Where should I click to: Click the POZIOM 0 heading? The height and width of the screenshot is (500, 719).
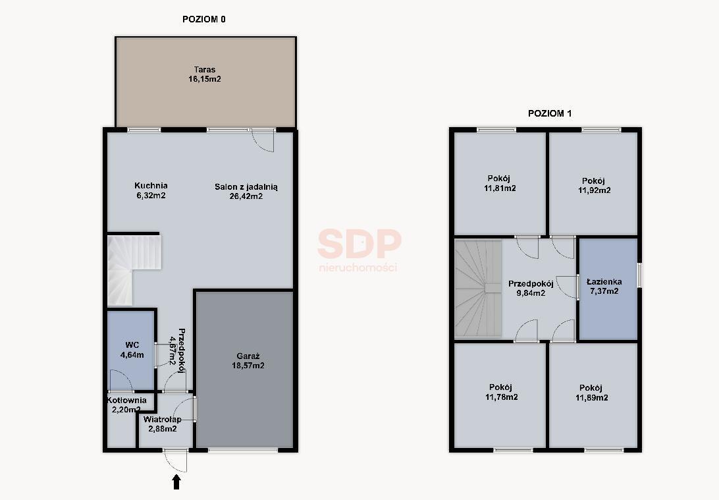click(x=204, y=19)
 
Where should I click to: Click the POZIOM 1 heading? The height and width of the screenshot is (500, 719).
click(x=550, y=113)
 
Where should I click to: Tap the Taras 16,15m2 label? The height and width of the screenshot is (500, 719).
click(x=205, y=74)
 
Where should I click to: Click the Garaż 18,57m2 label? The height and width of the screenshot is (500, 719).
click(x=248, y=360)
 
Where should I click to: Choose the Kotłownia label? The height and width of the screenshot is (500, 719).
click(x=127, y=400)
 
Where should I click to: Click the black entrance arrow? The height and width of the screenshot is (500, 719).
click(x=176, y=483)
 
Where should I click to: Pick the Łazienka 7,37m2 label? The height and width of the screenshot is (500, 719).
click(x=604, y=287)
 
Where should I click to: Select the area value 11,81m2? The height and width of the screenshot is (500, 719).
click(x=500, y=188)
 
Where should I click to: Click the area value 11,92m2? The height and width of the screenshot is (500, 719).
click(x=595, y=190)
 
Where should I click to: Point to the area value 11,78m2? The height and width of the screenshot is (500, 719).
click(x=502, y=397)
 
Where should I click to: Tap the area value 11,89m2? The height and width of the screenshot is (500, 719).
click(x=592, y=398)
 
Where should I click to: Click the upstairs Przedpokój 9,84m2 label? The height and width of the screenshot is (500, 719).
click(x=531, y=288)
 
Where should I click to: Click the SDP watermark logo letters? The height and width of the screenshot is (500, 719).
click(x=359, y=244)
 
